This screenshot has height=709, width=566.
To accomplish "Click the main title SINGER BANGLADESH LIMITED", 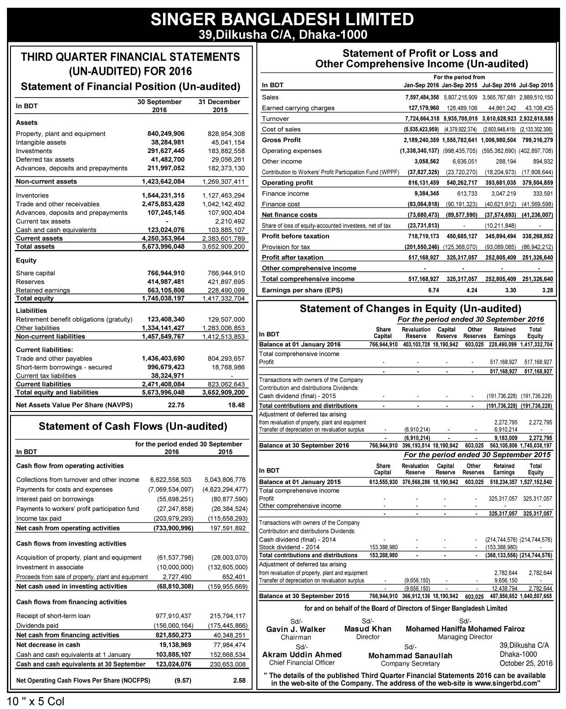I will pyautogui.click(x=282, y=19).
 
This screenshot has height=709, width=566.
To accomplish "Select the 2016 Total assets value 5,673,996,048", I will pyautogui.click(x=163, y=247).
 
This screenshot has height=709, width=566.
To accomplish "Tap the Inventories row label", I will pyautogui.click(x=32, y=196).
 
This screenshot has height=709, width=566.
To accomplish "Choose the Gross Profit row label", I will pyautogui.click(x=281, y=140).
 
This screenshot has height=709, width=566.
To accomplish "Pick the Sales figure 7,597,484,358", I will pyautogui.click(x=422, y=97).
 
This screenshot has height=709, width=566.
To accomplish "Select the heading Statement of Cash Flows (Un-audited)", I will pyautogui.click(x=133, y=427).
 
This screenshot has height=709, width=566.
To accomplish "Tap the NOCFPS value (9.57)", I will pyautogui.click(x=183, y=681).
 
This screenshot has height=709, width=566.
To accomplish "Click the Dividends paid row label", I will pyautogui.click(x=37, y=626).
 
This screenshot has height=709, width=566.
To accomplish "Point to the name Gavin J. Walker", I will pyautogui.click(x=296, y=630).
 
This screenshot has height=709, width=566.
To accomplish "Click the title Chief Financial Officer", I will pyautogui.click(x=302, y=663).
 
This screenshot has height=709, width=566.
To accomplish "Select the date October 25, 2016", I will pyautogui.click(x=526, y=663).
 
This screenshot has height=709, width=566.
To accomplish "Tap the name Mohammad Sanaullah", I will pyautogui.click(x=410, y=656).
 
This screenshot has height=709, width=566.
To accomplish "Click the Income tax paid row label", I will pyautogui.click(x=39, y=519).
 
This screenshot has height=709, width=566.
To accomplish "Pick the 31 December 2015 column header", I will pyautogui.click(x=219, y=106).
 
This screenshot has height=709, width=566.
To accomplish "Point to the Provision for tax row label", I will pyautogui.click(x=286, y=247).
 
